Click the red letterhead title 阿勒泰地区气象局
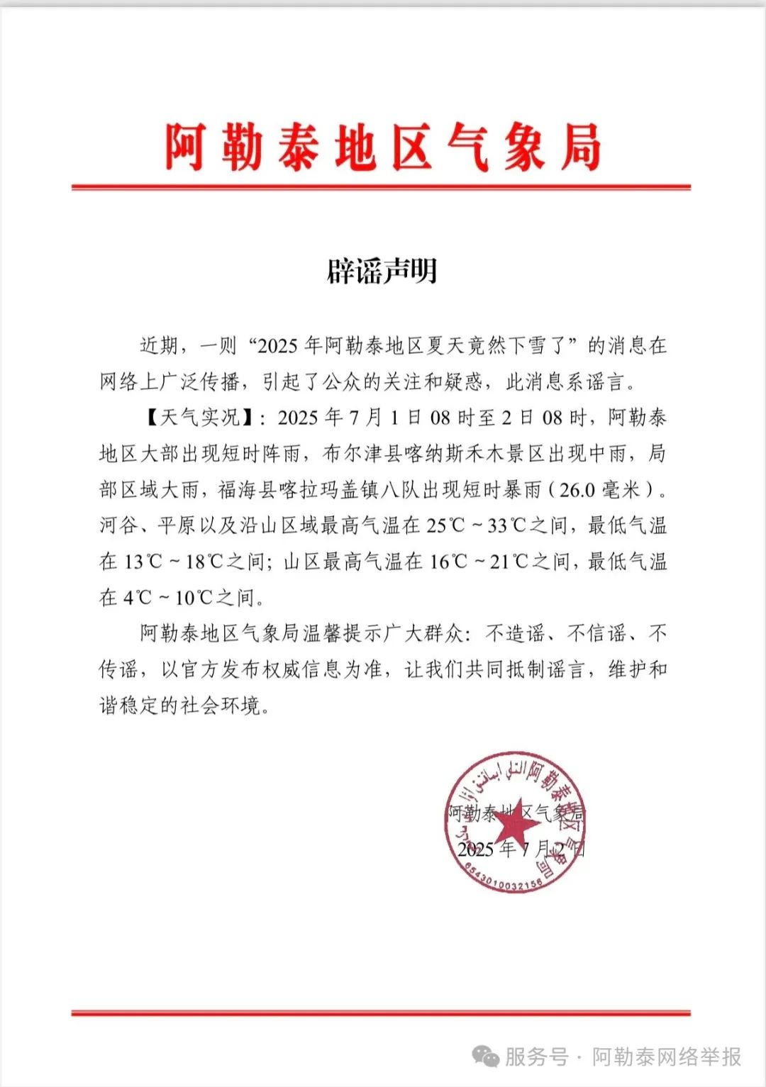coord(383,147)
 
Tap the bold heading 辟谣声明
coord(382,271)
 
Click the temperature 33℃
coord(507,525)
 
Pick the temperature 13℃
coord(144,562)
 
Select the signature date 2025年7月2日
coord(521,849)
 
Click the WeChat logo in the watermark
coord(486,1057)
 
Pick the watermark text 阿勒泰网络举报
coord(667,1057)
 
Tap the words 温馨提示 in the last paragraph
coord(343,633)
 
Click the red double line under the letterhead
coord(381,187)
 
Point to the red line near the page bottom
coord(381,1013)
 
